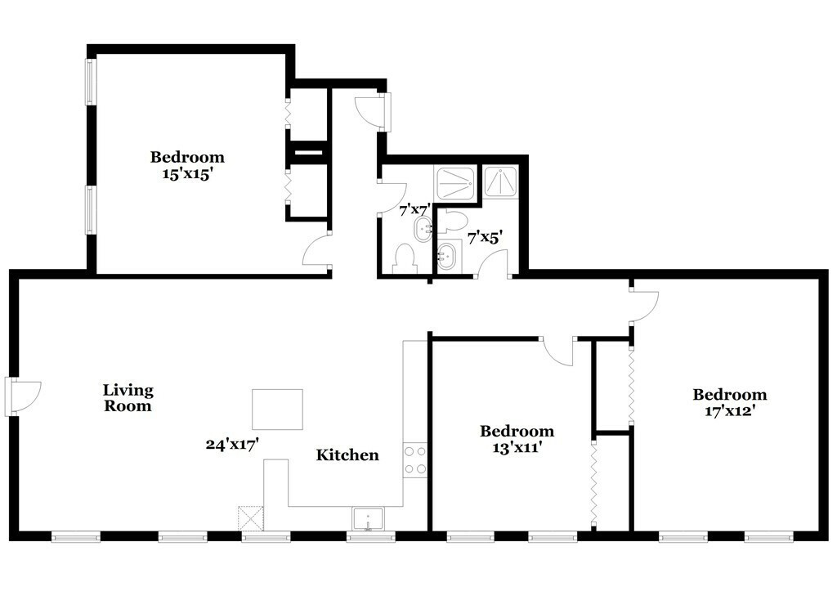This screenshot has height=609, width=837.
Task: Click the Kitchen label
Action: click(347, 455)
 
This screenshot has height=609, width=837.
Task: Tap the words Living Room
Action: click(128, 398)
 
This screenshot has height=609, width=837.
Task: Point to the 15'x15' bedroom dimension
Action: click(186, 173)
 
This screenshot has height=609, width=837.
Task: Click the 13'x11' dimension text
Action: click(516, 447)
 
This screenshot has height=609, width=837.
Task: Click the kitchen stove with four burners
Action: click(415, 460)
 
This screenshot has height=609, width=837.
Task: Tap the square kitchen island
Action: click(277, 409)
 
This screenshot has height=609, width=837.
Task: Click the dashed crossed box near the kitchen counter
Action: click(248, 518)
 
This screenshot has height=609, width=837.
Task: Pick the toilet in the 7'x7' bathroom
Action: click(405, 259)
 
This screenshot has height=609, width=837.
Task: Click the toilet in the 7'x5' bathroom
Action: click(454, 221)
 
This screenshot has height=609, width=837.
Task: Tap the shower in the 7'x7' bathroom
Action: click(455, 183)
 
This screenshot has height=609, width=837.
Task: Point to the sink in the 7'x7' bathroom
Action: click(423, 230)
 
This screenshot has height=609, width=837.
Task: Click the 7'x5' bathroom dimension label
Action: click(484, 238)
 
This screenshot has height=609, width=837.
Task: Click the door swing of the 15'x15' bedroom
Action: click(317, 251)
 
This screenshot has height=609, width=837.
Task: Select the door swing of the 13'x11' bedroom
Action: click(559, 350)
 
